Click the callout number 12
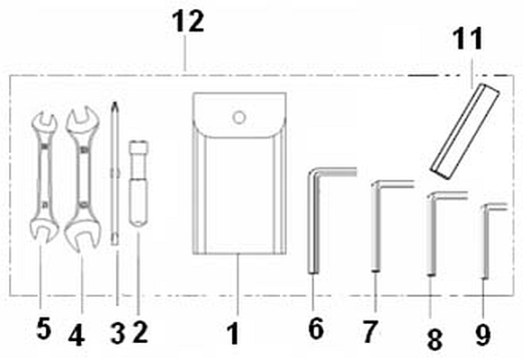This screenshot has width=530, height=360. tap(188, 22)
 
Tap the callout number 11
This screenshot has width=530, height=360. tap(468, 39)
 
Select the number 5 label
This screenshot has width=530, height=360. tap(44, 328)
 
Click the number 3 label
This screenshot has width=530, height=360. tap(118, 333)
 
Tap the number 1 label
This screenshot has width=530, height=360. tap(234, 334)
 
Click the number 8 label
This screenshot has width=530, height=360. tap(435, 339)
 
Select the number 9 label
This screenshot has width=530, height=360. tap(482, 335)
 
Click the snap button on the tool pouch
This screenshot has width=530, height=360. tap(239, 118)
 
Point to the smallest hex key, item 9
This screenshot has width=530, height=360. tap(485, 237)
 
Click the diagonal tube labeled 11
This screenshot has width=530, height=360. tap(465, 131)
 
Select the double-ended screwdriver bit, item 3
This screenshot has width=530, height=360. tap(115, 173)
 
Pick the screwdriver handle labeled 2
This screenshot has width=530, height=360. tap(139, 184)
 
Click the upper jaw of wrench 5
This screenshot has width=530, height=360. tap(43, 122)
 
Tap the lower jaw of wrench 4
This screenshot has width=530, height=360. tap(83, 235)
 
